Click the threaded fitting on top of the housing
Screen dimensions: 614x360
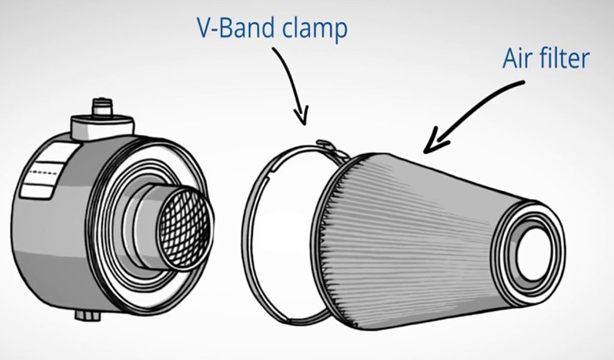pyautogui.click(x=102, y=106)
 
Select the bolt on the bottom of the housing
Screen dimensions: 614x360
pyautogui.click(x=88, y=315)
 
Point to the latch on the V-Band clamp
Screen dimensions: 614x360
pyautogui.click(x=332, y=149)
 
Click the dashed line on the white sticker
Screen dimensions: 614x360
pyautogui.click(x=44, y=173)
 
